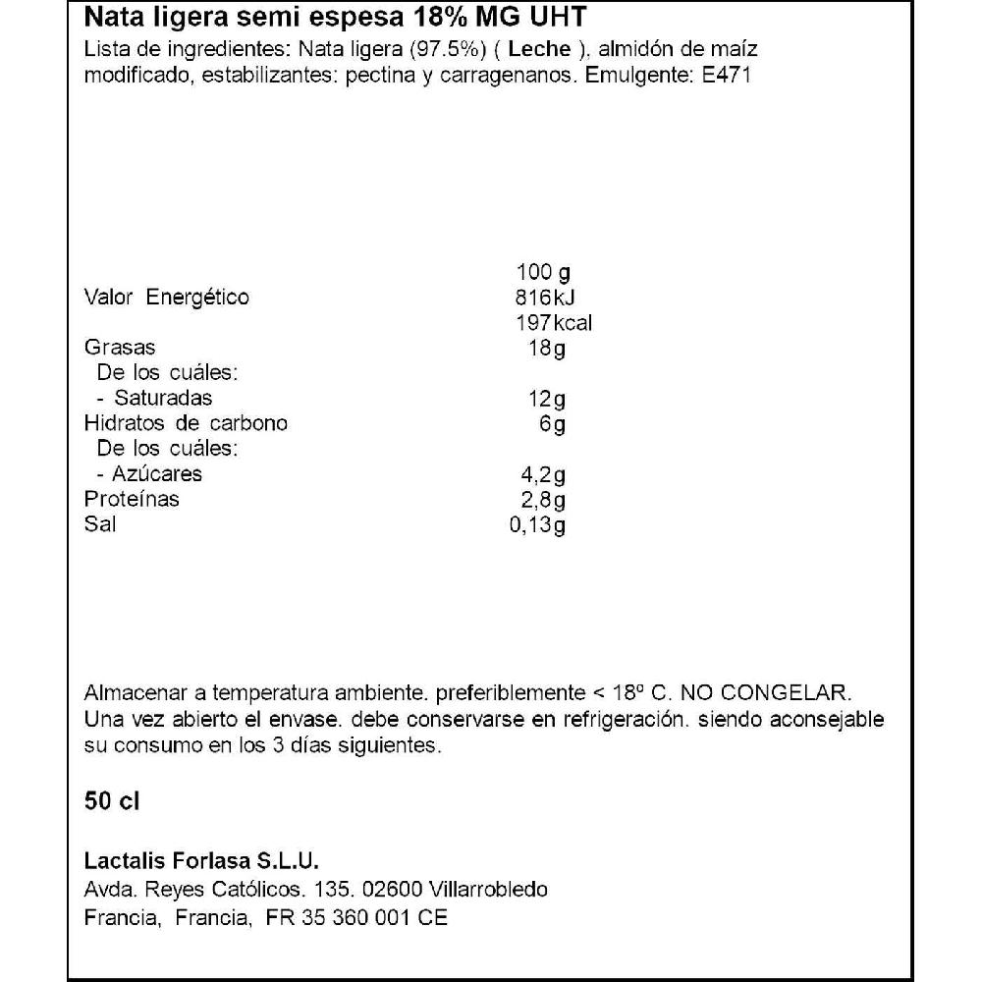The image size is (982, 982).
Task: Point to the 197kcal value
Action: coord(553,323)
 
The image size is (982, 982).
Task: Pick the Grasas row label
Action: coord(120,348)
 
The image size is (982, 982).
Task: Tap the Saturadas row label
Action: coord(162,398)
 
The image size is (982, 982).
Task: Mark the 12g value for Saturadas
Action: coord(546,399)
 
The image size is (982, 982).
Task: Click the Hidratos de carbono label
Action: coord(187,423)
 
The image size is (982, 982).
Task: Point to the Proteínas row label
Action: coord(133,499)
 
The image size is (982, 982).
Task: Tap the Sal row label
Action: coord(100,524)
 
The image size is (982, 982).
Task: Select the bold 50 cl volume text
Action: coord(113,801)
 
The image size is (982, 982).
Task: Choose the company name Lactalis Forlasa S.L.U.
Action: coord(203,860)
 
